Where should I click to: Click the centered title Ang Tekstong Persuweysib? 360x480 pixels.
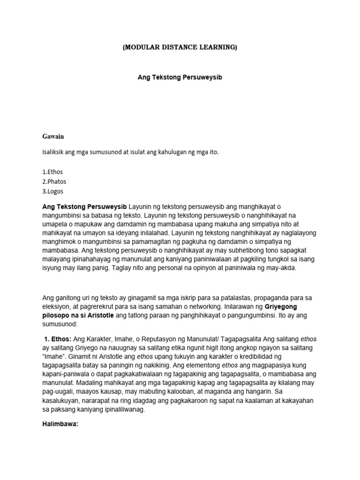[180, 77]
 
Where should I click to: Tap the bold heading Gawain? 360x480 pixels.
[53, 136]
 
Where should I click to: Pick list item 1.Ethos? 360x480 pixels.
[52, 172]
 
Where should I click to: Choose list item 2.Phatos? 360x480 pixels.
[54, 181]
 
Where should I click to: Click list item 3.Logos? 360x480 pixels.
[53, 191]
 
